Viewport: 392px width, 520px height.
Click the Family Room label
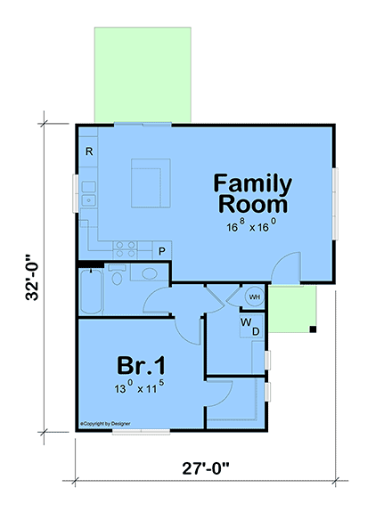pos(253,193)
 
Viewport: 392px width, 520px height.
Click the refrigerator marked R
pos(89,152)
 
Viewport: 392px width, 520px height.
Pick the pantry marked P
pos(162,252)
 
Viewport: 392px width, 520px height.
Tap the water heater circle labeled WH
pos(253,297)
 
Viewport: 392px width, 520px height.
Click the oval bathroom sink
pos(142,274)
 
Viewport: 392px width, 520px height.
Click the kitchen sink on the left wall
pos(89,200)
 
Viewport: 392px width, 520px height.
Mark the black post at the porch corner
pos(314,330)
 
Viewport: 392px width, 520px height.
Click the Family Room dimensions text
pos(253,226)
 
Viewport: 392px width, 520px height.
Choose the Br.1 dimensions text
pos(140,388)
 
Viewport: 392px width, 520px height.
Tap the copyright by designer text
pos(104,424)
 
